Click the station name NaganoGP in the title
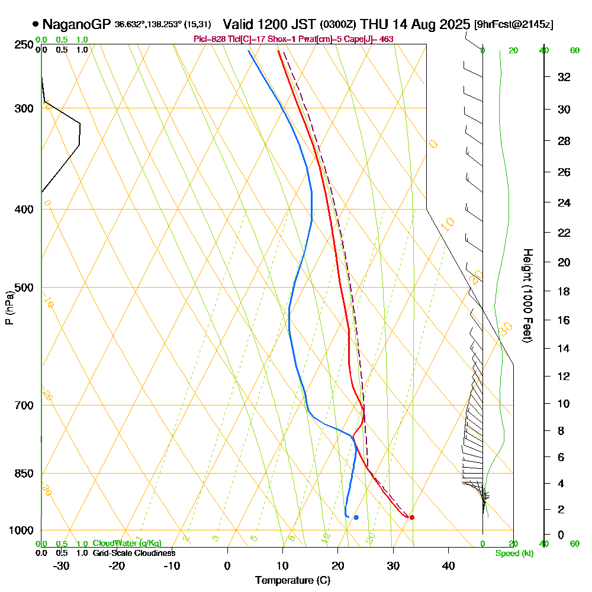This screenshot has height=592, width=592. coord(76,24)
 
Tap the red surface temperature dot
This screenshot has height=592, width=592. coord(412,517)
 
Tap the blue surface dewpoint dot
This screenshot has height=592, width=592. coord(356,517)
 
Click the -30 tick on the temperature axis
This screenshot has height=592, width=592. coord(62,565)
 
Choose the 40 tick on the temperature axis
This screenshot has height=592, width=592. coord(448,565)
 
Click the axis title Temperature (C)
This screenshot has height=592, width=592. coord(292,580)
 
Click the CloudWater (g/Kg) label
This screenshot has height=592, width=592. coord(127,543)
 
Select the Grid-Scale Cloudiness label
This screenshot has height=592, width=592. coord(134,553)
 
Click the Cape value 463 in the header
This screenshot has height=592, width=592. coord(386,39)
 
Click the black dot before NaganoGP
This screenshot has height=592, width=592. coord(36,24)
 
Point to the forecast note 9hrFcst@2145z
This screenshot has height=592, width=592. coord(514,24)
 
